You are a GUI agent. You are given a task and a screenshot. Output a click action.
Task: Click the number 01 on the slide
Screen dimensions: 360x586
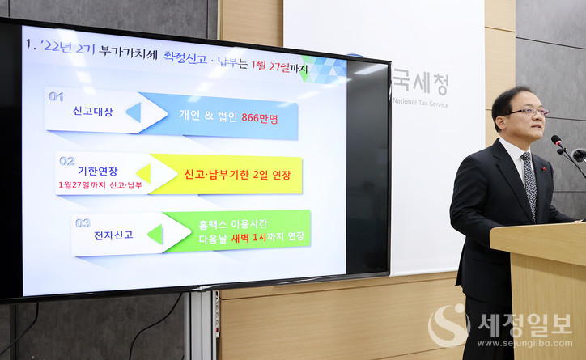(56, 96)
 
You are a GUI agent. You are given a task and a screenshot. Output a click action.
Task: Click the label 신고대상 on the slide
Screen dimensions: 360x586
(91, 112)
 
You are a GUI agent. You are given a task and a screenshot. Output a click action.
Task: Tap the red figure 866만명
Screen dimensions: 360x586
(259, 116)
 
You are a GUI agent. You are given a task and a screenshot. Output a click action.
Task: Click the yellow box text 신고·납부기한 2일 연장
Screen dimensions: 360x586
(236, 174)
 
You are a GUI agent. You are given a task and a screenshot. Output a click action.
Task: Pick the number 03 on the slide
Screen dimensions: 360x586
(83, 222)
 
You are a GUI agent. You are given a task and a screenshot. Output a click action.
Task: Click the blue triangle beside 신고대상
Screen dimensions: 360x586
(133, 112)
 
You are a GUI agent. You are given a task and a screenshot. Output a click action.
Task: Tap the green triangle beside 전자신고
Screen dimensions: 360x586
(154, 235)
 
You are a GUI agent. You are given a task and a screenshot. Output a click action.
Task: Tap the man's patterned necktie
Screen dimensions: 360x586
(529, 182)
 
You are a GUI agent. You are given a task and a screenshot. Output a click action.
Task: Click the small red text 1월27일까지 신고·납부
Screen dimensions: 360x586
(100, 185)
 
